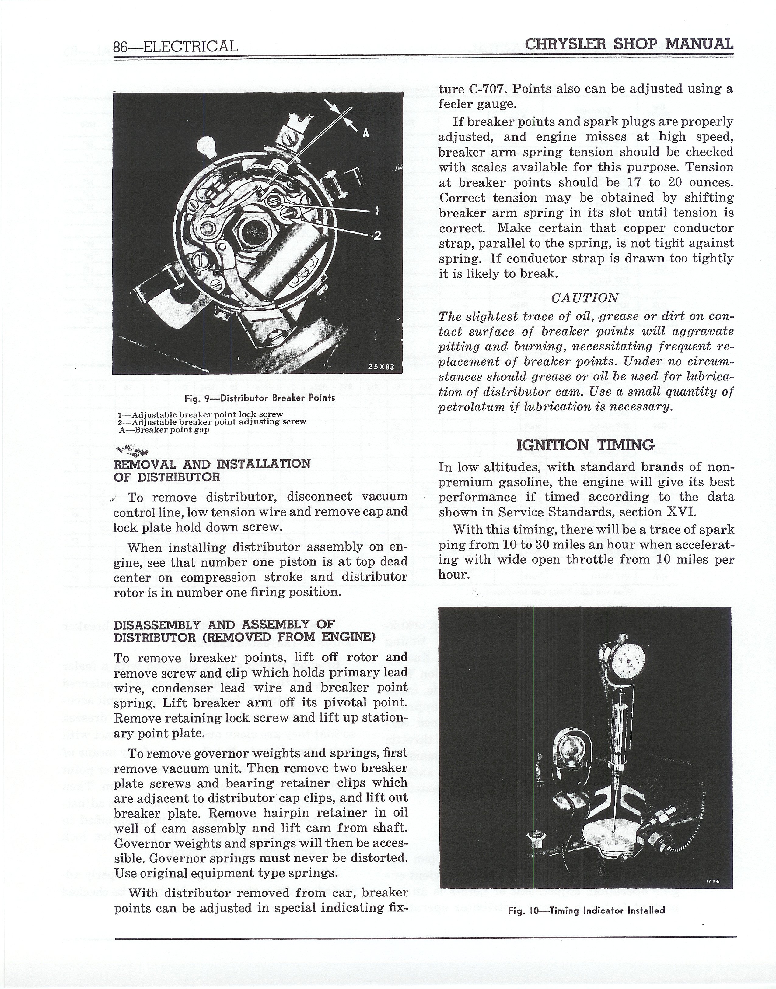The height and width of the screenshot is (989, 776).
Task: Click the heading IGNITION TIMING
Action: (585, 445)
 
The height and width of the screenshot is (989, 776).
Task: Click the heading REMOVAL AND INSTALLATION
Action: (212, 464)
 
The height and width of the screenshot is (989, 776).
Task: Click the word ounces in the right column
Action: (711, 182)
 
